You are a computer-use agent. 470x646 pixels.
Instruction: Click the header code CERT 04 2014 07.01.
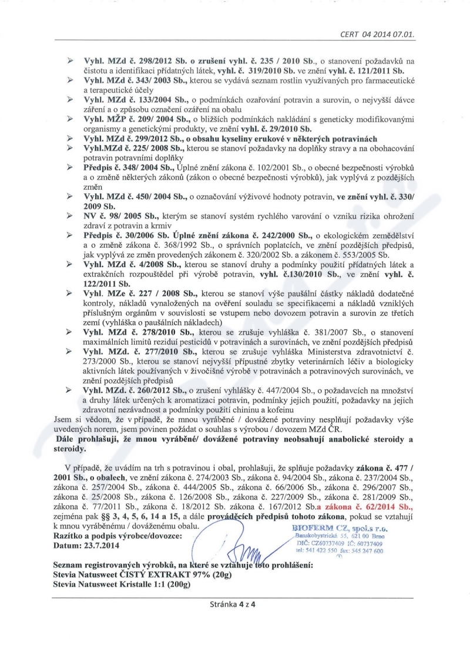click(x=377, y=33)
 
